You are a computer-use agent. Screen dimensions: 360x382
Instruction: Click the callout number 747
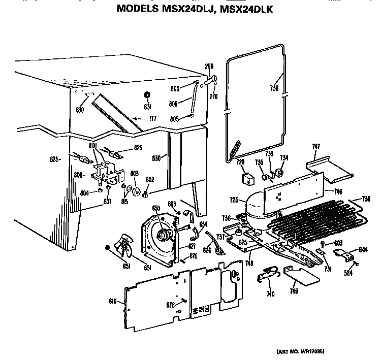tap(316, 147)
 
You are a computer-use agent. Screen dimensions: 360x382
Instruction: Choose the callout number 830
tap(157, 158)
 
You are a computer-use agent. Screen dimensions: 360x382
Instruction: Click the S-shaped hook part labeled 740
tap(268, 274)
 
